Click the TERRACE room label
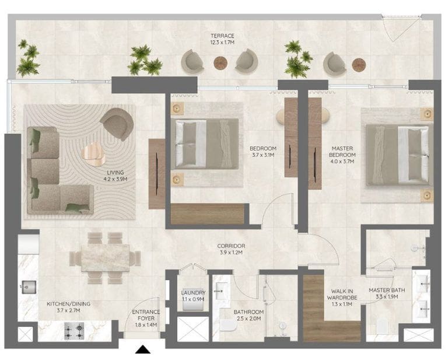(x=222, y=36)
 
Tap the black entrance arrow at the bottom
(x=142, y=349)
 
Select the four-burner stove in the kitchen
(x=74, y=331)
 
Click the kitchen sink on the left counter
(x=29, y=287)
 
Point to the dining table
(x=105, y=258)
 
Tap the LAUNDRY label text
(x=193, y=292)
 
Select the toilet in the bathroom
(x=229, y=326)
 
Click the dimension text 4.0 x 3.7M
(x=342, y=162)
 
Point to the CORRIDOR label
(x=231, y=246)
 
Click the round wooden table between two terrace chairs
(x=220, y=63)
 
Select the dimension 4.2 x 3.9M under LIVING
(x=116, y=179)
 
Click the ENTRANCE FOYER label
(x=146, y=315)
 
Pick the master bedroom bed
(x=398, y=155)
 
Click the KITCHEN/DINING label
(x=68, y=304)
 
